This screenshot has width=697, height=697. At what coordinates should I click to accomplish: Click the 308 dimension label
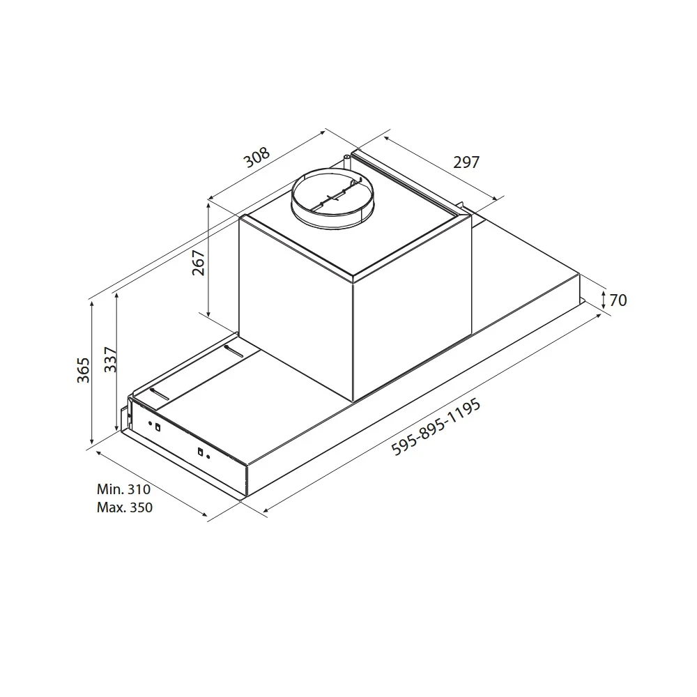click(x=257, y=158)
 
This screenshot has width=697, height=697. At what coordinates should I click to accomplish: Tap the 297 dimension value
click(x=466, y=162)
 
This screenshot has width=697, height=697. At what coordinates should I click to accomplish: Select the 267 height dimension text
click(x=198, y=263)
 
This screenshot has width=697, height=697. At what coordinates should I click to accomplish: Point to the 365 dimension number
click(x=83, y=370)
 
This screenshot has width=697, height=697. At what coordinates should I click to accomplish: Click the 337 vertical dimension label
click(x=110, y=359)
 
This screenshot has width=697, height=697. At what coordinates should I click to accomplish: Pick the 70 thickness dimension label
click(x=618, y=300)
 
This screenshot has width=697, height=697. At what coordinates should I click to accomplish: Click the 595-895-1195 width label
click(x=436, y=427)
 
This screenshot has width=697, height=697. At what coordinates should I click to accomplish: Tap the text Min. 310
click(x=123, y=489)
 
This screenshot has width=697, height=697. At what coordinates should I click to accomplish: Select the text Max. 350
click(x=125, y=507)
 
